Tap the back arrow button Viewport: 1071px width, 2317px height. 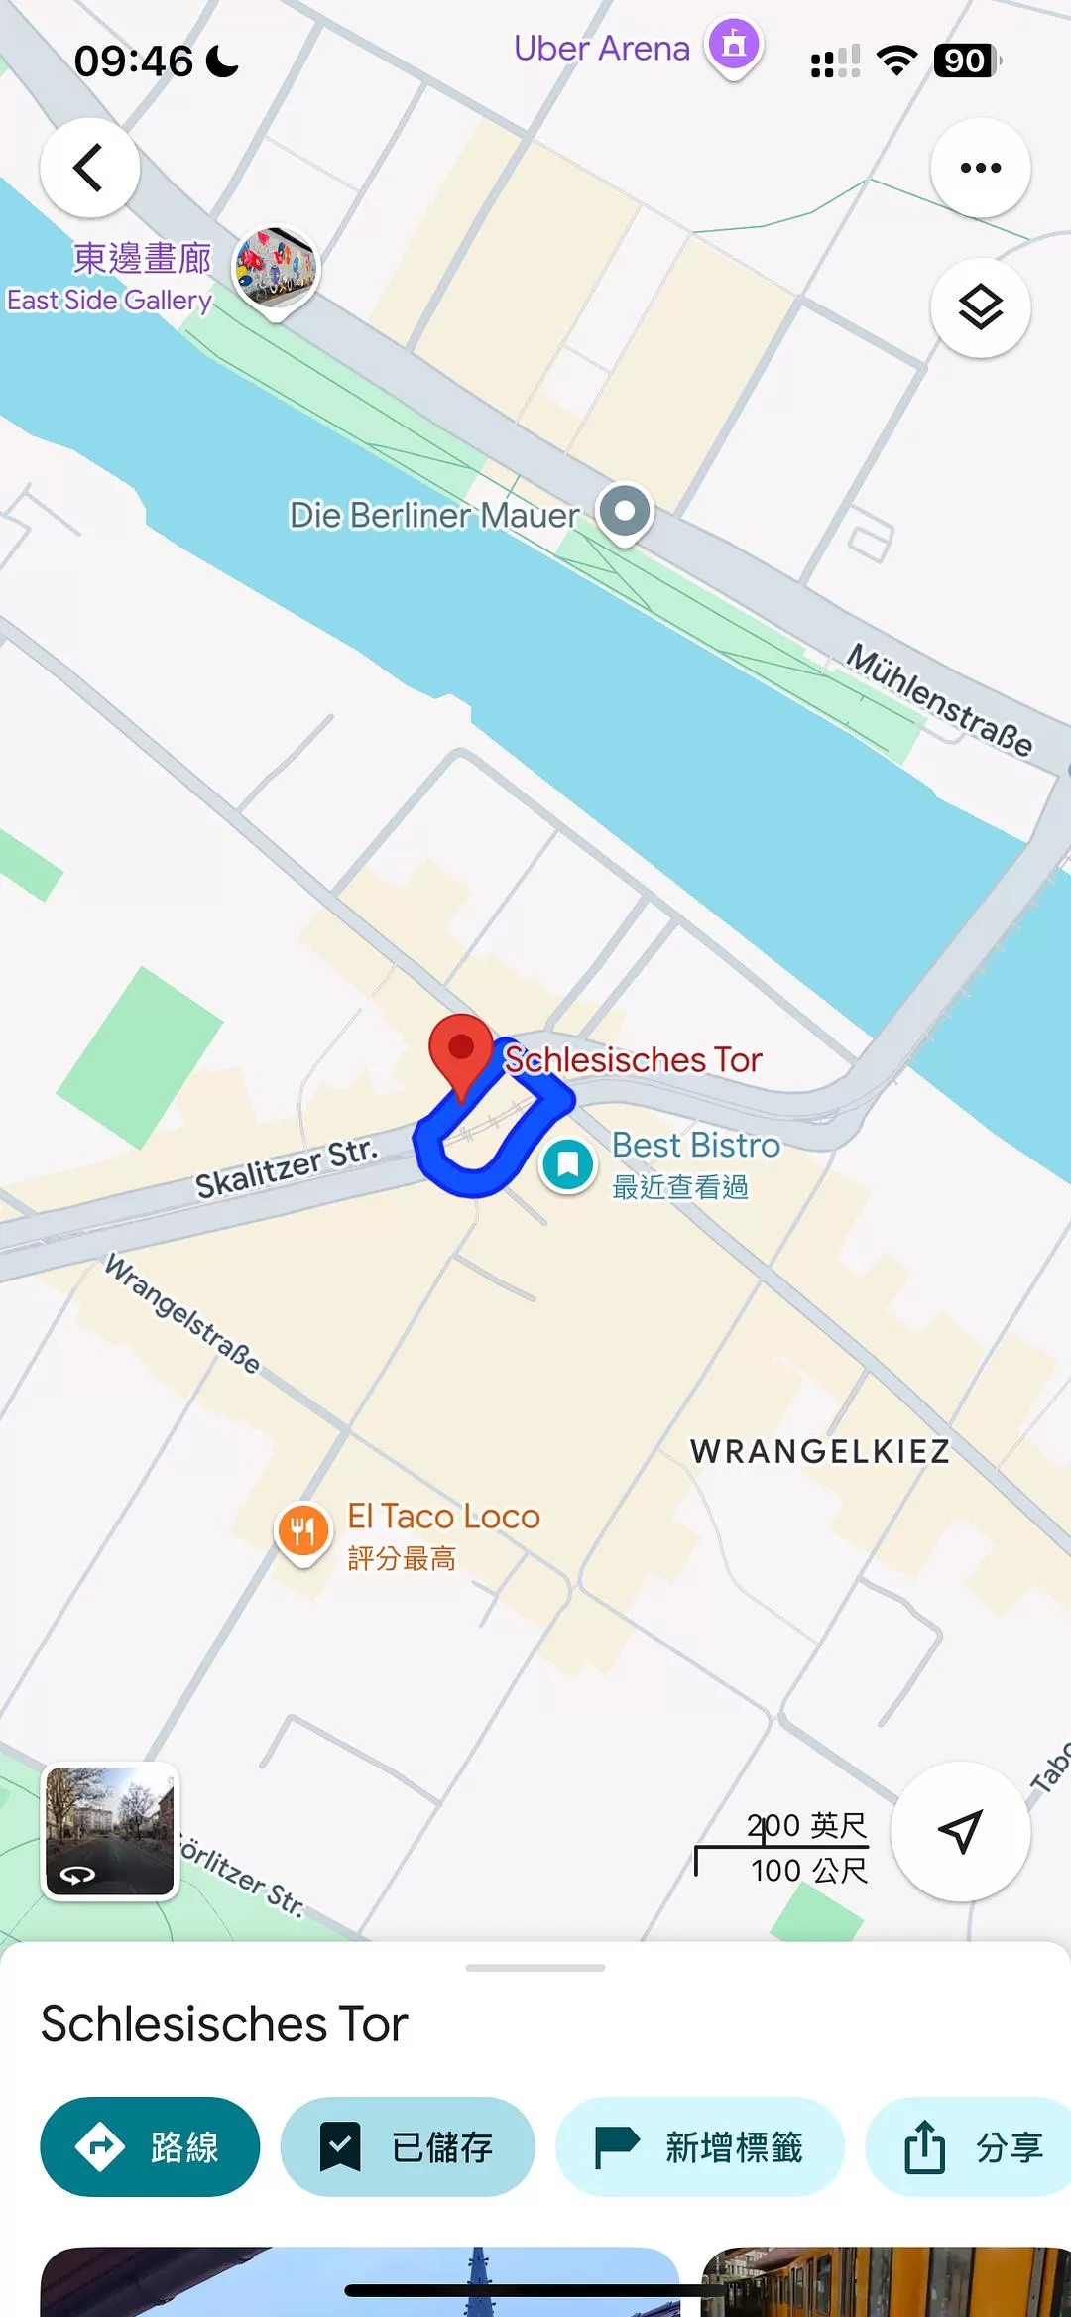point(89,168)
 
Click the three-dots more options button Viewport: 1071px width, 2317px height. point(980,168)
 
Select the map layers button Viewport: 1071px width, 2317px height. point(980,307)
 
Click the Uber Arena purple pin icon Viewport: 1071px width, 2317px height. point(734,46)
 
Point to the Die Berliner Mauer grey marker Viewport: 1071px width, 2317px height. point(625,512)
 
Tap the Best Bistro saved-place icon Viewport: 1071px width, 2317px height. point(567,1164)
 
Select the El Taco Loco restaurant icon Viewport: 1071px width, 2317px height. point(302,1530)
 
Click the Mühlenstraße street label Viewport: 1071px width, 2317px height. point(938,700)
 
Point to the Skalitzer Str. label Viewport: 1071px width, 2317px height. point(286,1168)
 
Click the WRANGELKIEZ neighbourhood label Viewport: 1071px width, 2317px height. point(820,1451)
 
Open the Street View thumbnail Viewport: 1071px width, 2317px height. point(109,1831)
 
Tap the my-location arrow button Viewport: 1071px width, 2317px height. point(960,1831)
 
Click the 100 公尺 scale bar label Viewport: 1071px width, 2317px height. point(808,1871)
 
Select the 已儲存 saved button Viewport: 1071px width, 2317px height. point(408,2147)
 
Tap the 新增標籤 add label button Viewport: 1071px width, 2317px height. point(699,2147)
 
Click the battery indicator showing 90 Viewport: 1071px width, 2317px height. point(966,61)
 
